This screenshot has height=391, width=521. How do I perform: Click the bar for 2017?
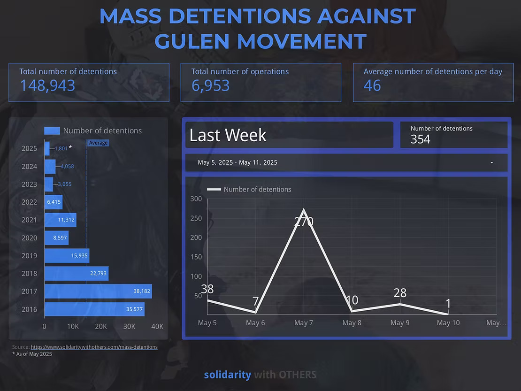click(x=98, y=291)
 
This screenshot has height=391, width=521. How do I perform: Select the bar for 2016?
click(x=94, y=309)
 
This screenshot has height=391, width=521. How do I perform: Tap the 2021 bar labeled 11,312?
click(x=60, y=220)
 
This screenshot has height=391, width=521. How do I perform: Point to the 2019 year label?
click(x=29, y=256)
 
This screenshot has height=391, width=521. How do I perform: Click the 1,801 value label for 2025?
click(x=61, y=149)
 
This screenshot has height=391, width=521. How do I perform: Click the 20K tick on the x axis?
click(x=101, y=326)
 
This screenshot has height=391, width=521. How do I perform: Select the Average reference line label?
click(x=98, y=143)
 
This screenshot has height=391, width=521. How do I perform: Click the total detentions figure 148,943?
click(x=47, y=85)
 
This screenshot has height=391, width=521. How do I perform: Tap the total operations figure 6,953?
click(x=210, y=85)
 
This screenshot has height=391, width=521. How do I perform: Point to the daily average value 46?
click(x=372, y=85)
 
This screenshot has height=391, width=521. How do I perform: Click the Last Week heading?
click(x=228, y=135)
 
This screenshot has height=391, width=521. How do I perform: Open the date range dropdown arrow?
click(x=491, y=163)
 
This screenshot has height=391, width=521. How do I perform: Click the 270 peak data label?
click(x=304, y=221)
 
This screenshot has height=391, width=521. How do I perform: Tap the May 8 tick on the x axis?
click(x=352, y=322)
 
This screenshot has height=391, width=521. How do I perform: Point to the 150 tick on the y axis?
click(x=196, y=257)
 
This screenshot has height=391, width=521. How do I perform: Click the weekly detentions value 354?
click(x=420, y=139)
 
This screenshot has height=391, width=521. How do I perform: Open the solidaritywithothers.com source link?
click(x=94, y=347)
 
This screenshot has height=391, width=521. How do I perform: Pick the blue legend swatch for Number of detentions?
click(x=52, y=131)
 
